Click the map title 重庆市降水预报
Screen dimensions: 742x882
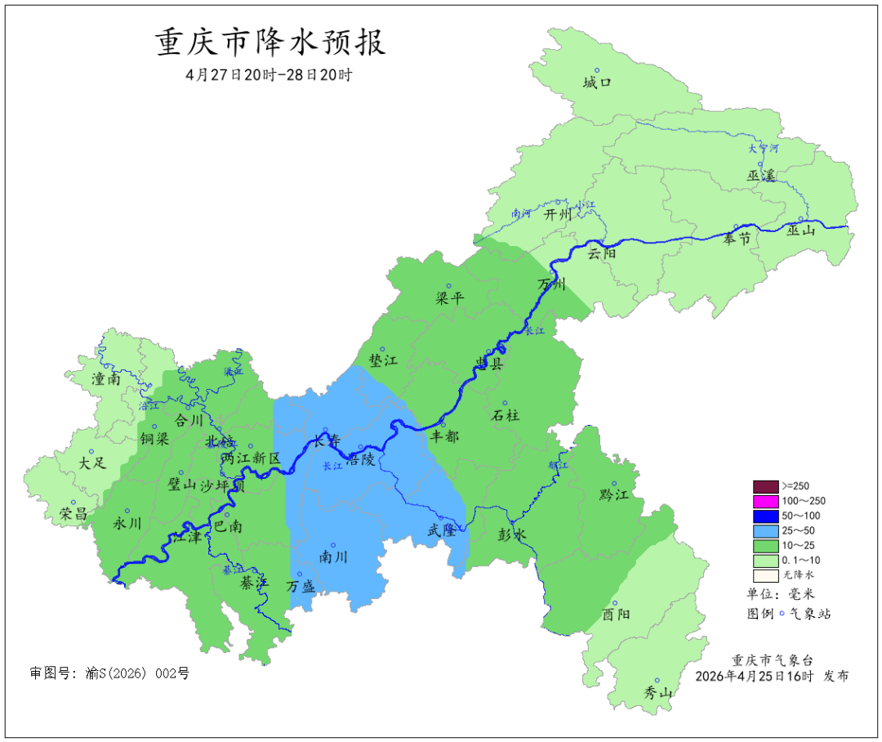[x=270, y=42]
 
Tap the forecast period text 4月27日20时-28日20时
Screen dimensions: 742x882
[x=269, y=75]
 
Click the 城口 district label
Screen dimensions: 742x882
[x=597, y=83]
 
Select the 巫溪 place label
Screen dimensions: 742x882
[x=760, y=176]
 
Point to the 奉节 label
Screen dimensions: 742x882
[x=737, y=239]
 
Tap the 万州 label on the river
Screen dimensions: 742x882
[x=552, y=284]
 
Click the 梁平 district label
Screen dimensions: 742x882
[x=450, y=298]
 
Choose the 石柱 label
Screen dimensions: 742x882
[x=505, y=415]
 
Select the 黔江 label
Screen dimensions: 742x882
[x=613, y=494]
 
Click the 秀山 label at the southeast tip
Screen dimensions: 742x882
[x=658, y=693]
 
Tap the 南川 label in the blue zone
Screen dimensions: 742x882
[x=333, y=557]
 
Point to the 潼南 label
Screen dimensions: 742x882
[x=107, y=379]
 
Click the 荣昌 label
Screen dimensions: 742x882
[x=74, y=514]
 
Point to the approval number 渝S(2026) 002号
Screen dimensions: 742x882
[x=109, y=673]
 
